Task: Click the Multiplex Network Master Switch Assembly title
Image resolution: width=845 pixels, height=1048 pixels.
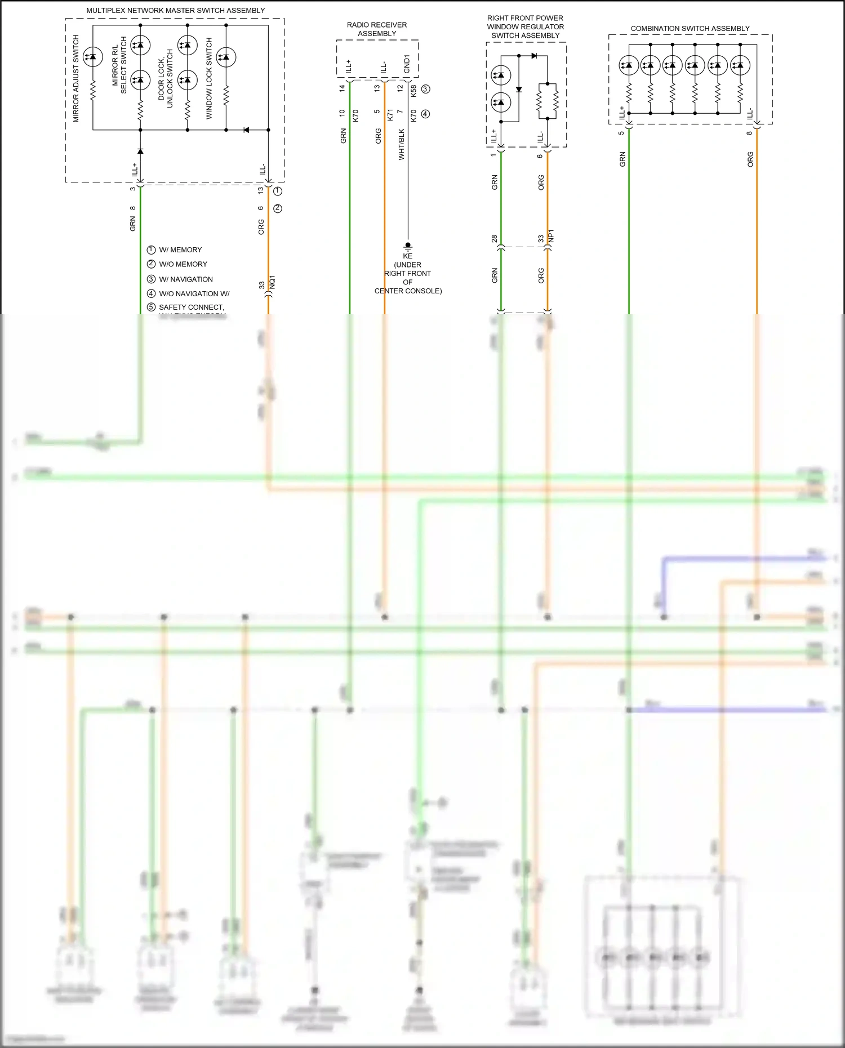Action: pos(175,10)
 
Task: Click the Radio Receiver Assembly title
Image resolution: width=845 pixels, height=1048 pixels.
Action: pos(376,29)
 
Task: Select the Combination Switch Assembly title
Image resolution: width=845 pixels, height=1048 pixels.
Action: pos(690,28)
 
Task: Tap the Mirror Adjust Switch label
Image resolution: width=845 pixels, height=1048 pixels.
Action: pos(76,79)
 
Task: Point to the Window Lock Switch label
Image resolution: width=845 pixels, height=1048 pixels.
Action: pos(209,78)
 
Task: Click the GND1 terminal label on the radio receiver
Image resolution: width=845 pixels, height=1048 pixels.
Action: pos(407,64)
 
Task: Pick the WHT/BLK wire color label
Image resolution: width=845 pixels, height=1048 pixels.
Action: pos(402,144)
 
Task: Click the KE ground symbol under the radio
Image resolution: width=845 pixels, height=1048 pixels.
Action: pos(408,246)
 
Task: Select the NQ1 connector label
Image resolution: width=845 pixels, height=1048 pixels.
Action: pos(273,282)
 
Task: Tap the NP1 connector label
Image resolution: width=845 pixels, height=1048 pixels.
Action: pos(552,235)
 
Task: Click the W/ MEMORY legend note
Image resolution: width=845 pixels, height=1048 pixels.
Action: pos(180,249)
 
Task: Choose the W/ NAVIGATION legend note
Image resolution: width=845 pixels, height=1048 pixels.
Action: pos(185,279)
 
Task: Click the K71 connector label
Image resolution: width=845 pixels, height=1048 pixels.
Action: pos(390,115)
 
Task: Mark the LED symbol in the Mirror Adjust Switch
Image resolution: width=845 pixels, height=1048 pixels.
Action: pos(92,56)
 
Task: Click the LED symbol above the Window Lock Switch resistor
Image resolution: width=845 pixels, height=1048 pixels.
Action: pos(226,57)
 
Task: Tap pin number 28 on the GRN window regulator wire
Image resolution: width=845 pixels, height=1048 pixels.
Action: pos(495,239)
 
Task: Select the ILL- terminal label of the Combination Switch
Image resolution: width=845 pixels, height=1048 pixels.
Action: pos(750,114)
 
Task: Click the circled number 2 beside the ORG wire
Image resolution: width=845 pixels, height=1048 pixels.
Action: pos(277,208)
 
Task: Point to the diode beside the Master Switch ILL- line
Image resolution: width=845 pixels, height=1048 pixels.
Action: pos(246,130)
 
